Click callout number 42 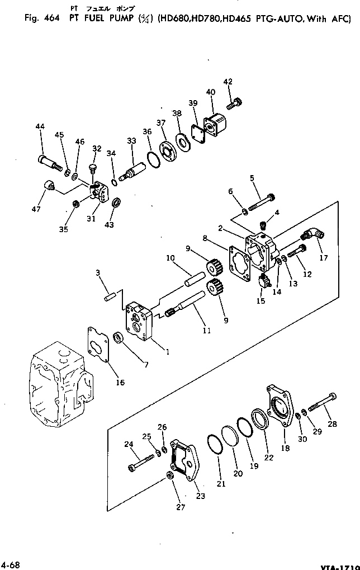point(228,82)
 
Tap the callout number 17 point(324,258)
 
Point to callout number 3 point(97,272)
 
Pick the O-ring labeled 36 point(153,158)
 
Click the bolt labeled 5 point(261,203)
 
